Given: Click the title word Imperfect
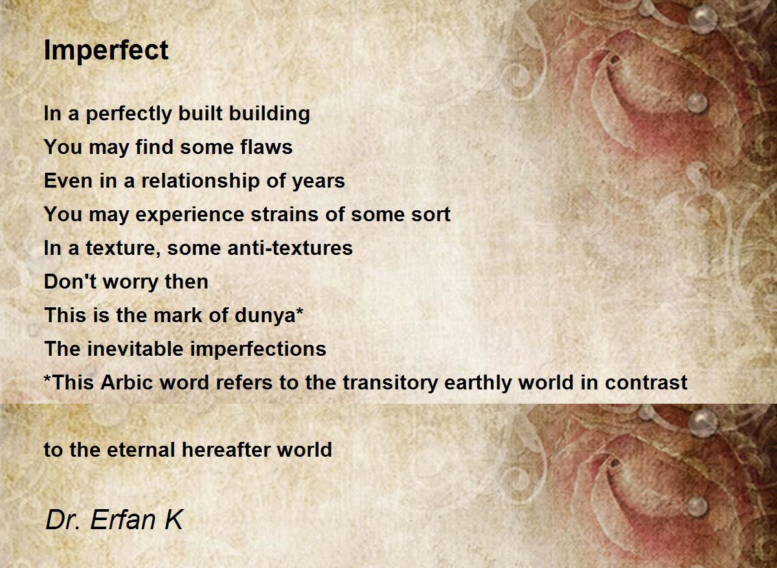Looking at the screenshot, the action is tap(106, 51).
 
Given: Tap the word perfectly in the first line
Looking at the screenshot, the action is tap(129, 114).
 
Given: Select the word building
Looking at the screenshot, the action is tap(269, 114).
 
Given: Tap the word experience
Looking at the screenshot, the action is tap(190, 215).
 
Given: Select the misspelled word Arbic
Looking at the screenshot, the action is tap(127, 382).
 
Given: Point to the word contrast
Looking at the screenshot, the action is tap(646, 383).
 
